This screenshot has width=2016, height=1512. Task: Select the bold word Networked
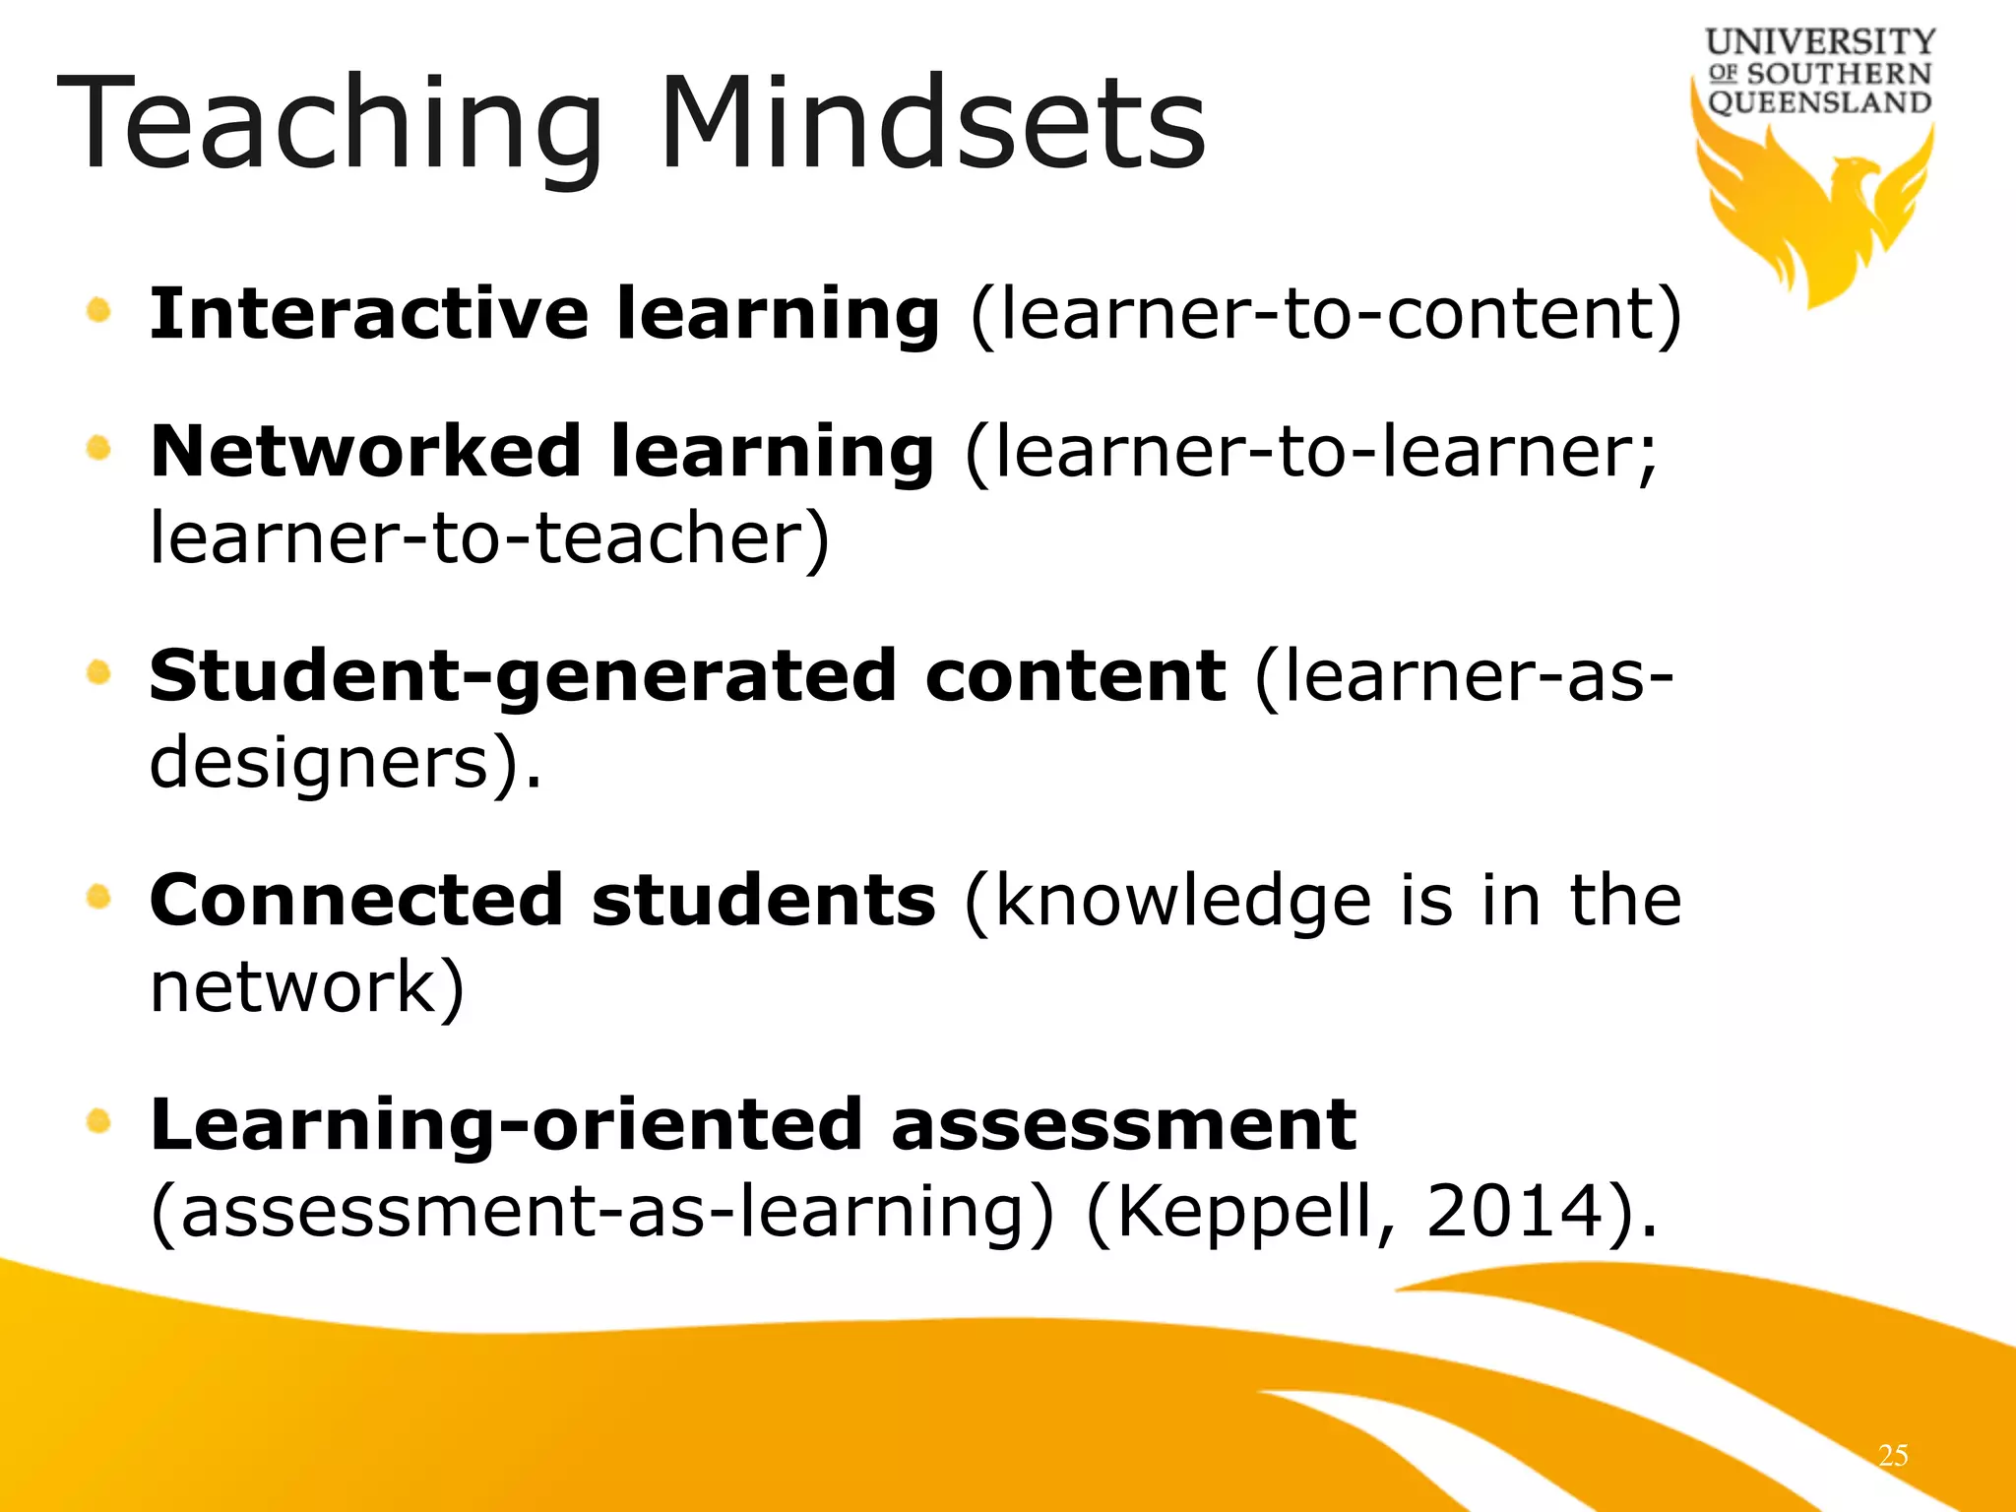point(365,452)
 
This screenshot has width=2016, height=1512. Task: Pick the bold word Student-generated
point(523,678)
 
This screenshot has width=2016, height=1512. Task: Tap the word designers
point(319,764)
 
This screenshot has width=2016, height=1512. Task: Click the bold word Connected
point(355,901)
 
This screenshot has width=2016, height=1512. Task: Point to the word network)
point(306,987)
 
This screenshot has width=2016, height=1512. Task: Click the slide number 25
point(1893,1455)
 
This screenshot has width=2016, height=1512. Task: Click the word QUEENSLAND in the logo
point(1819,102)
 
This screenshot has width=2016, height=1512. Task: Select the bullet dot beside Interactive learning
point(98,311)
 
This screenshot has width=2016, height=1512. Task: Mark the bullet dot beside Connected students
point(98,897)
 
